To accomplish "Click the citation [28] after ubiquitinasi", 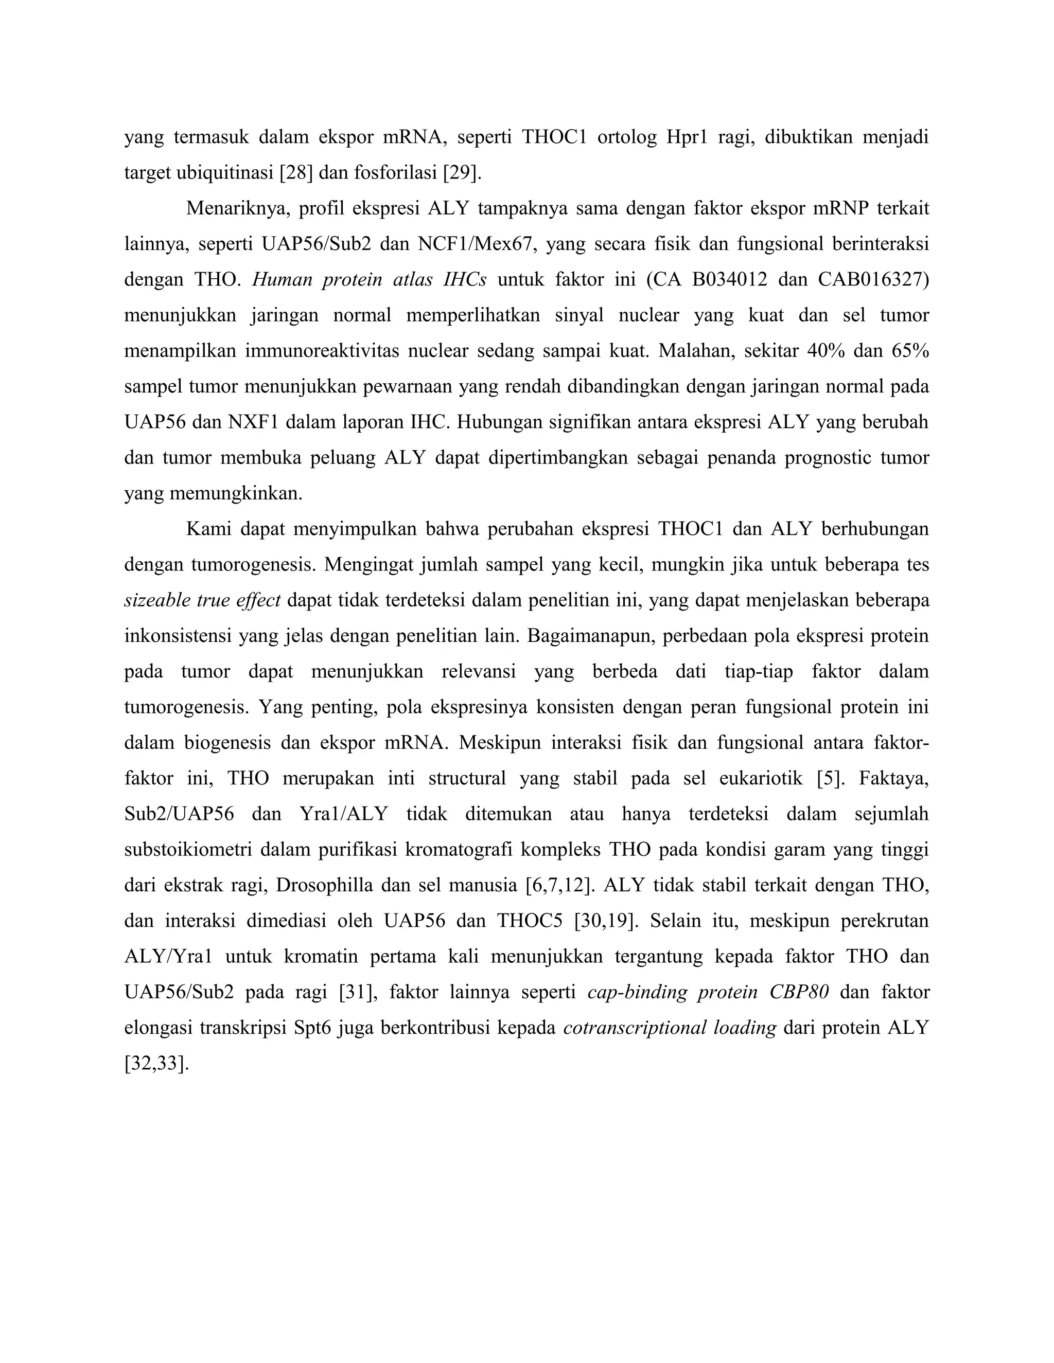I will tap(296, 173).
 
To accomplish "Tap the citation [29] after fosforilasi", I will tap(462, 173).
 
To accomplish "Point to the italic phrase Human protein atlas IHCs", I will tap(369, 280).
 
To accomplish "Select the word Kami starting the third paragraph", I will tap(208, 529).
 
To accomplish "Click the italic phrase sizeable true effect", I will tap(202, 601).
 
